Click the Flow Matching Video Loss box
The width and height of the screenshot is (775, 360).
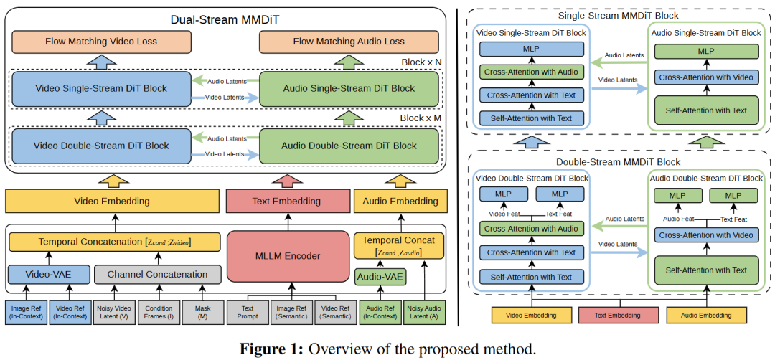pos(101,42)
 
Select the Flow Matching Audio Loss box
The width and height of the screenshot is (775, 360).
pos(349,42)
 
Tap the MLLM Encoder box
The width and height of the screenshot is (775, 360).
pos(288,256)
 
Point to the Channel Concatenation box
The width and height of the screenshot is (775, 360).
pos(157,273)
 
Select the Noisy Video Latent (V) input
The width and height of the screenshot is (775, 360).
pos(113,313)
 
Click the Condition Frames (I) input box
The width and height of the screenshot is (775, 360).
pos(158,313)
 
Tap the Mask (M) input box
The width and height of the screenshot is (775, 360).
pos(202,313)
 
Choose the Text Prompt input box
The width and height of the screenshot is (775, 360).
pos(247,313)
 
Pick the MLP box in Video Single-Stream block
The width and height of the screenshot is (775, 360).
pos(532,50)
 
